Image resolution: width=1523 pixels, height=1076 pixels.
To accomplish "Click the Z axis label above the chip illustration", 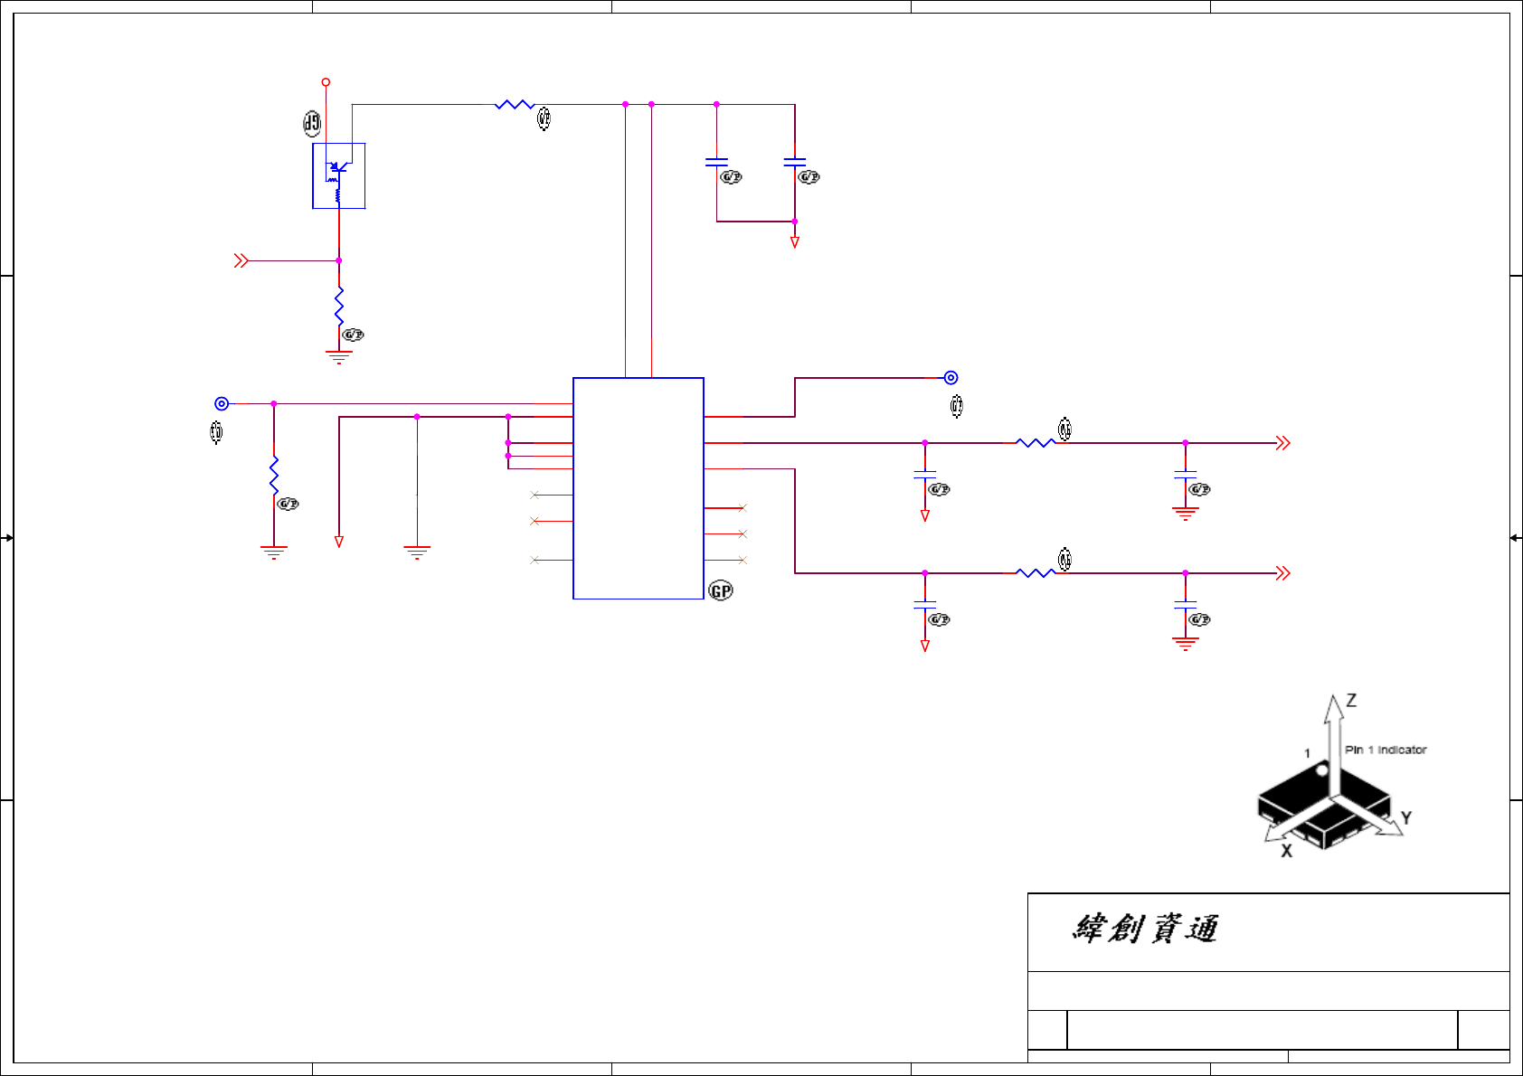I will tap(1351, 701).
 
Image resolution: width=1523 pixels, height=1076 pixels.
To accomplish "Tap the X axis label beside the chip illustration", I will tap(1286, 851).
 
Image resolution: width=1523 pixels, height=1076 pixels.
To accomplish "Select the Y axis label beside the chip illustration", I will tap(1405, 818).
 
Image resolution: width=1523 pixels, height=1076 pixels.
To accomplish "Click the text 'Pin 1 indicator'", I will tap(1385, 750).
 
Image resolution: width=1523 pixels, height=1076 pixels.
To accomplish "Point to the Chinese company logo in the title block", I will tap(1145, 929).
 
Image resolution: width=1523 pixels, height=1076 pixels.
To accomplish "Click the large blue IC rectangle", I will tap(639, 488).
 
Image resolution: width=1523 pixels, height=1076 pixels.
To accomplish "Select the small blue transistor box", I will tap(339, 175).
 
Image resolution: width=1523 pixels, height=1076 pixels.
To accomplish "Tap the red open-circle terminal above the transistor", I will tap(326, 82).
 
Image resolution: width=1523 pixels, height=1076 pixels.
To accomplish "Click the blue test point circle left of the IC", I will tap(222, 404).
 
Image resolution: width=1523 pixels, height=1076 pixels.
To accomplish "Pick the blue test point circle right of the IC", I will tap(951, 378).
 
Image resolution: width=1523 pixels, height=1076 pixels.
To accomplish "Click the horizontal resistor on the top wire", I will tap(515, 105).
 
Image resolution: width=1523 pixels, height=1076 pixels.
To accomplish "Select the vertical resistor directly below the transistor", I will tap(339, 306).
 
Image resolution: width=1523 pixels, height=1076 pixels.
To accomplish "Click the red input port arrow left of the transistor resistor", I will tap(241, 260).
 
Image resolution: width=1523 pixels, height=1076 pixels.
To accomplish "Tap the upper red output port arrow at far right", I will tap(1282, 443).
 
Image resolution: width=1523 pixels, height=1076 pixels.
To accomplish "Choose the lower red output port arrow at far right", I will tap(1282, 573).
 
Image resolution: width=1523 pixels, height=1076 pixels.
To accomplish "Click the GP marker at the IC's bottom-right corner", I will tap(721, 591).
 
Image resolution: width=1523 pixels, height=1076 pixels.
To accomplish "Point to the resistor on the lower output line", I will tap(1036, 573).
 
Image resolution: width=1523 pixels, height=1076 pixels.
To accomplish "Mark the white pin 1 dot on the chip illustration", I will tap(1321, 771).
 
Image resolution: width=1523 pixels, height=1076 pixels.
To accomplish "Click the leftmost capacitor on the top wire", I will tap(716, 163).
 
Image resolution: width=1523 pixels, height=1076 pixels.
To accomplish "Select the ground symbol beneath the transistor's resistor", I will tap(339, 357).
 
